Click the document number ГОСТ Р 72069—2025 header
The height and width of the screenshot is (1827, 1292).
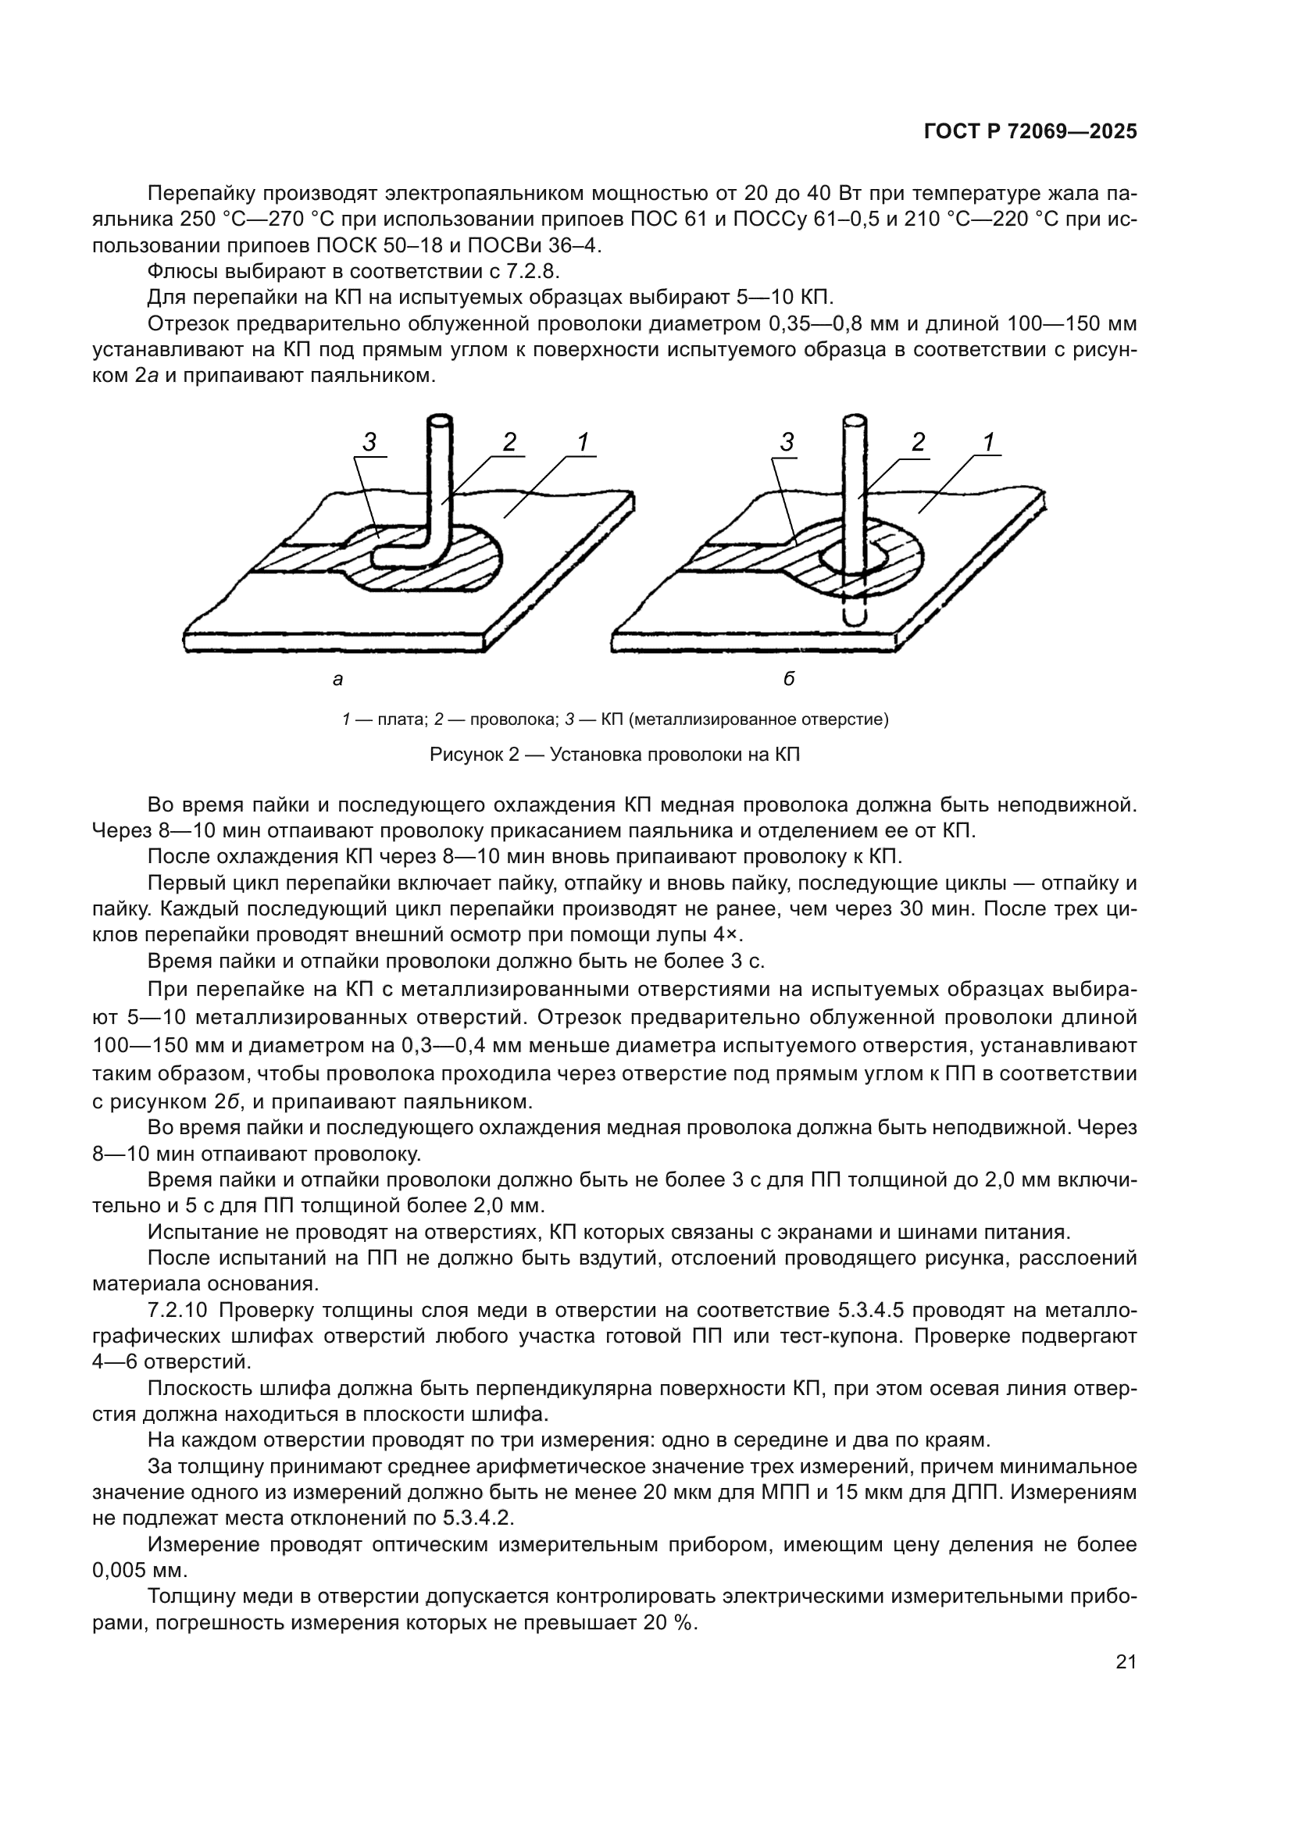coord(1030,131)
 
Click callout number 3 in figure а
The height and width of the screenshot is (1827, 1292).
coord(369,442)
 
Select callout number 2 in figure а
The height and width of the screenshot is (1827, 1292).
coord(509,441)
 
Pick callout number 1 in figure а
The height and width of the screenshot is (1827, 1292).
coord(583,441)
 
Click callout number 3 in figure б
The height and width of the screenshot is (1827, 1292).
coord(787,442)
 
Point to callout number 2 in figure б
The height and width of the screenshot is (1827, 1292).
coord(918,441)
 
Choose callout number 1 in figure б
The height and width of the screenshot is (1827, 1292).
coord(989,441)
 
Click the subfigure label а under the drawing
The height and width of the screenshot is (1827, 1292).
coord(337,679)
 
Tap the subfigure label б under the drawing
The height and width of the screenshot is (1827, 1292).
coord(788,679)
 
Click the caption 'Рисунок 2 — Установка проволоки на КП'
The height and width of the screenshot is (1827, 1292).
coord(614,755)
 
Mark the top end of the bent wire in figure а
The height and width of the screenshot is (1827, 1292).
coord(439,419)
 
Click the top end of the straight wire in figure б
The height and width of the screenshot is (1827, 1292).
coord(855,419)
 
